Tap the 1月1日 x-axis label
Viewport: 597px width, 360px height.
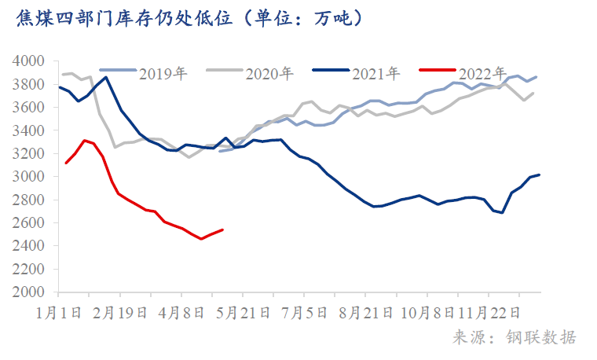59,313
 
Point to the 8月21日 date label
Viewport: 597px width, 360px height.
365,313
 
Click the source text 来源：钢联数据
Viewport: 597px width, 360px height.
515,338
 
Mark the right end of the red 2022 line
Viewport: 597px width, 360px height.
223,230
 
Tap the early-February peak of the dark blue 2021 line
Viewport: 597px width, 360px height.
107,77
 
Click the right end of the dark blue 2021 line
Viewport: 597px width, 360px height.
539,174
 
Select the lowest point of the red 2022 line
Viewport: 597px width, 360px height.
201,239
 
